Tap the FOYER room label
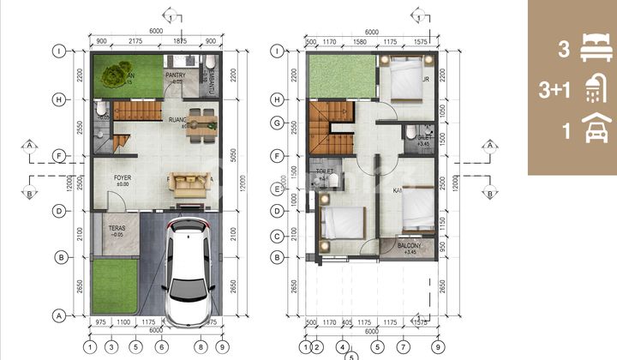coord(123,180)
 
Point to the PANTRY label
coord(176,75)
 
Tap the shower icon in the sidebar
coord(592,90)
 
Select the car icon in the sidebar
coord(592,132)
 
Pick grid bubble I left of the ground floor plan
coord(60,51)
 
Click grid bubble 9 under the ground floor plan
coord(222,347)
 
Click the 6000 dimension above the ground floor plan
coord(154,31)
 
